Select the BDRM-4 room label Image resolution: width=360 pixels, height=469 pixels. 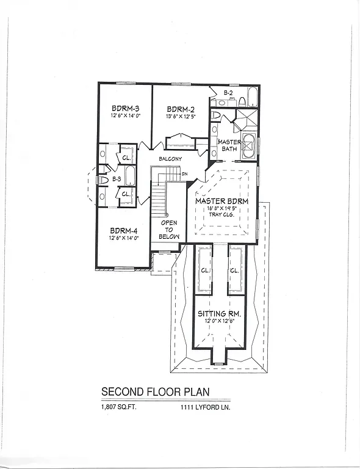click(124, 231)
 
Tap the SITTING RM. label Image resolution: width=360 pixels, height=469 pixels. click(220, 314)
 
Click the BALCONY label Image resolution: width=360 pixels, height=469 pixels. click(170, 159)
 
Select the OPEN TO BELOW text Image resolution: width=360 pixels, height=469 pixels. click(169, 230)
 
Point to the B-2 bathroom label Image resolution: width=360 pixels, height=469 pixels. click(228, 92)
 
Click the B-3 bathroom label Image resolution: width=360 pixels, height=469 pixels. click(117, 180)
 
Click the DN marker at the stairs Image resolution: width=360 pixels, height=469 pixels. click(184, 174)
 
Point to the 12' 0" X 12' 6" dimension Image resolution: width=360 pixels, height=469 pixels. click(220, 322)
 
